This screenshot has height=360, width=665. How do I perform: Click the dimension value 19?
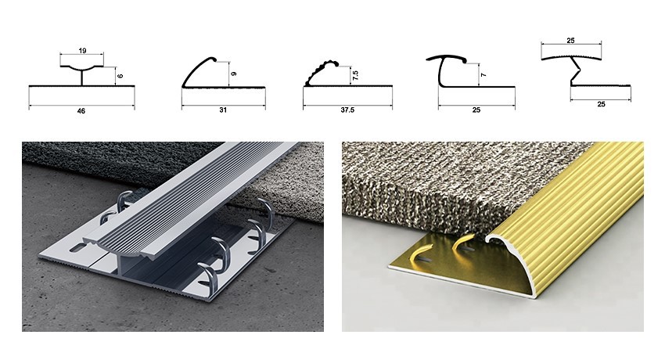[x=82, y=50]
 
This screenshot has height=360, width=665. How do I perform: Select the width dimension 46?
[x=81, y=111]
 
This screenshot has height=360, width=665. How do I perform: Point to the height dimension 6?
[x=120, y=76]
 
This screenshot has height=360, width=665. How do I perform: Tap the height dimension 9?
[x=234, y=74]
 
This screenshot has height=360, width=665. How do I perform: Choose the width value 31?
[x=223, y=110]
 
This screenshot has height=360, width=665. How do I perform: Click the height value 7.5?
[x=355, y=75]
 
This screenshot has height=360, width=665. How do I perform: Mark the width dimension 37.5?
[x=347, y=110]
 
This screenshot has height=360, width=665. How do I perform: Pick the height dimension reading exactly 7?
[x=483, y=75]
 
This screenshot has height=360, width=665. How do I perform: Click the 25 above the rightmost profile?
[x=571, y=41]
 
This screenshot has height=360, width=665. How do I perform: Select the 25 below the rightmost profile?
[x=601, y=104]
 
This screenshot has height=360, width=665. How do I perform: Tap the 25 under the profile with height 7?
[x=476, y=110]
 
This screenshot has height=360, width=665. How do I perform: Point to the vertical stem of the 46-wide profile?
[x=82, y=77]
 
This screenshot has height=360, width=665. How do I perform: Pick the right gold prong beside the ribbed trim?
[x=464, y=244]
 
